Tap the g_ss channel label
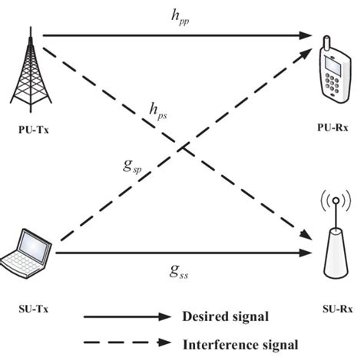tap(179, 271)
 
